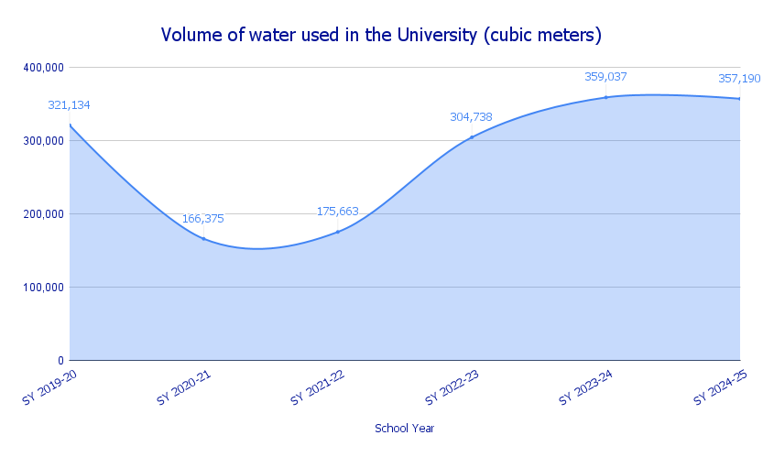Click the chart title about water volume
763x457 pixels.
381,35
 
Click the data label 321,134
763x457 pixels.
69,105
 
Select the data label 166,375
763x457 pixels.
202,219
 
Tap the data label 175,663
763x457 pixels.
337,212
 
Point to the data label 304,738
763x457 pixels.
471,116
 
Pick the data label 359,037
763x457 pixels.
605,77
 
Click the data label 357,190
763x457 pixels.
738,78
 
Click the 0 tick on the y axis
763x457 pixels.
58,361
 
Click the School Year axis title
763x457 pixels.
405,429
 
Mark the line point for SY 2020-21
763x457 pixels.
203,238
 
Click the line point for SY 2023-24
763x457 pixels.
605,97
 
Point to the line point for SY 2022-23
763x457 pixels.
472,137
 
